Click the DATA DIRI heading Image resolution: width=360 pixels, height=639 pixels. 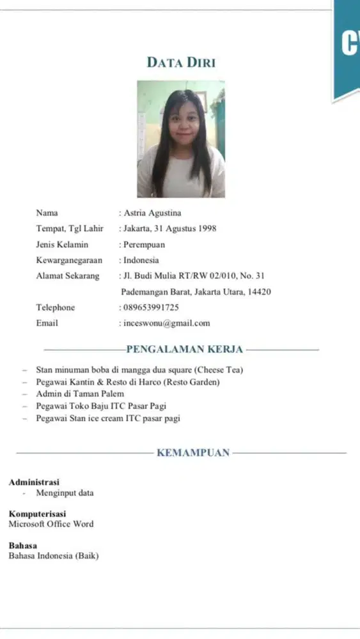coord(181,62)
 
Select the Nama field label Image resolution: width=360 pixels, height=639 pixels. coord(47,213)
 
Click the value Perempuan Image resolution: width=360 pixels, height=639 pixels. coord(144,244)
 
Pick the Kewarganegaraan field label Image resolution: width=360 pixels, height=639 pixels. coord(70,260)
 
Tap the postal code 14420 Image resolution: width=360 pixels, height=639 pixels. coord(258,292)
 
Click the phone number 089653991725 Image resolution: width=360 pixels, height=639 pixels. coord(151,307)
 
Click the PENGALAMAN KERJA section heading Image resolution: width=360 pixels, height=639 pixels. coord(185,350)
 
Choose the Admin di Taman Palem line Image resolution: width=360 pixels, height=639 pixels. coord(80,394)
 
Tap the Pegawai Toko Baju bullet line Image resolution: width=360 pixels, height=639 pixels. coord(101,406)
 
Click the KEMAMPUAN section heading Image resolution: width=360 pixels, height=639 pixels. coord(193,453)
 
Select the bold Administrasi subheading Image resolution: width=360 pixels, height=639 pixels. coord(34,482)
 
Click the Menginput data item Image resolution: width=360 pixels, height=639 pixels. coord(65,493)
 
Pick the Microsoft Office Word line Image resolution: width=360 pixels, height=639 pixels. coord(51,524)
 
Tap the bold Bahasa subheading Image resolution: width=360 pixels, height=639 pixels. coord(22,546)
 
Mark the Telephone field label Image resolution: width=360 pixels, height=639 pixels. coord(55,307)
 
